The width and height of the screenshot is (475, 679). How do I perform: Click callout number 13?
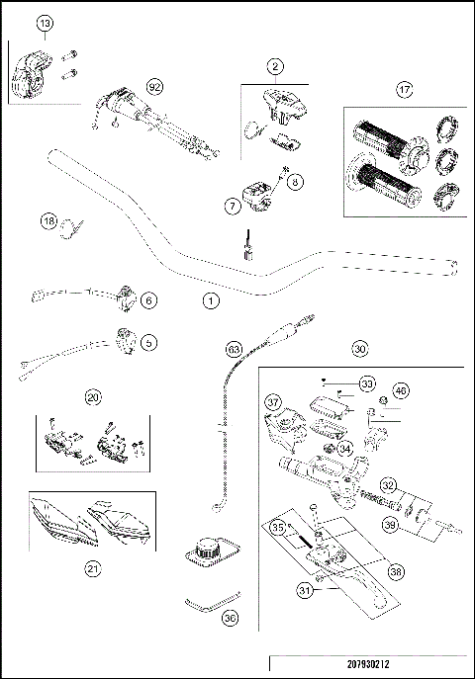(x=46, y=23)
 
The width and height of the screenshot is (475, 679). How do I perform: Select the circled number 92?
(x=154, y=87)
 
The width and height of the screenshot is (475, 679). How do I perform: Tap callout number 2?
(x=276, y=66)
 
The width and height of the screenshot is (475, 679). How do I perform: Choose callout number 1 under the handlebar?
(x=209, y=297)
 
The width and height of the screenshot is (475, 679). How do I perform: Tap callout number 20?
(x=93, y=397)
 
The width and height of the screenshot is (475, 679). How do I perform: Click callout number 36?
(x=231, y=618)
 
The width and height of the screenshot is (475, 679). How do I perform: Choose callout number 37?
(x=273, y=401)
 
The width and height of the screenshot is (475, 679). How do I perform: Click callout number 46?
(x=401, y=391)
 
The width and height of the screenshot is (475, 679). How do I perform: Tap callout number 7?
(x=233, y=206)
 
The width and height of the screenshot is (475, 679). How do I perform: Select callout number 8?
(x=296, y=181)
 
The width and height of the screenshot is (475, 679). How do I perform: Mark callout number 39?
(x=390, y=526)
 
